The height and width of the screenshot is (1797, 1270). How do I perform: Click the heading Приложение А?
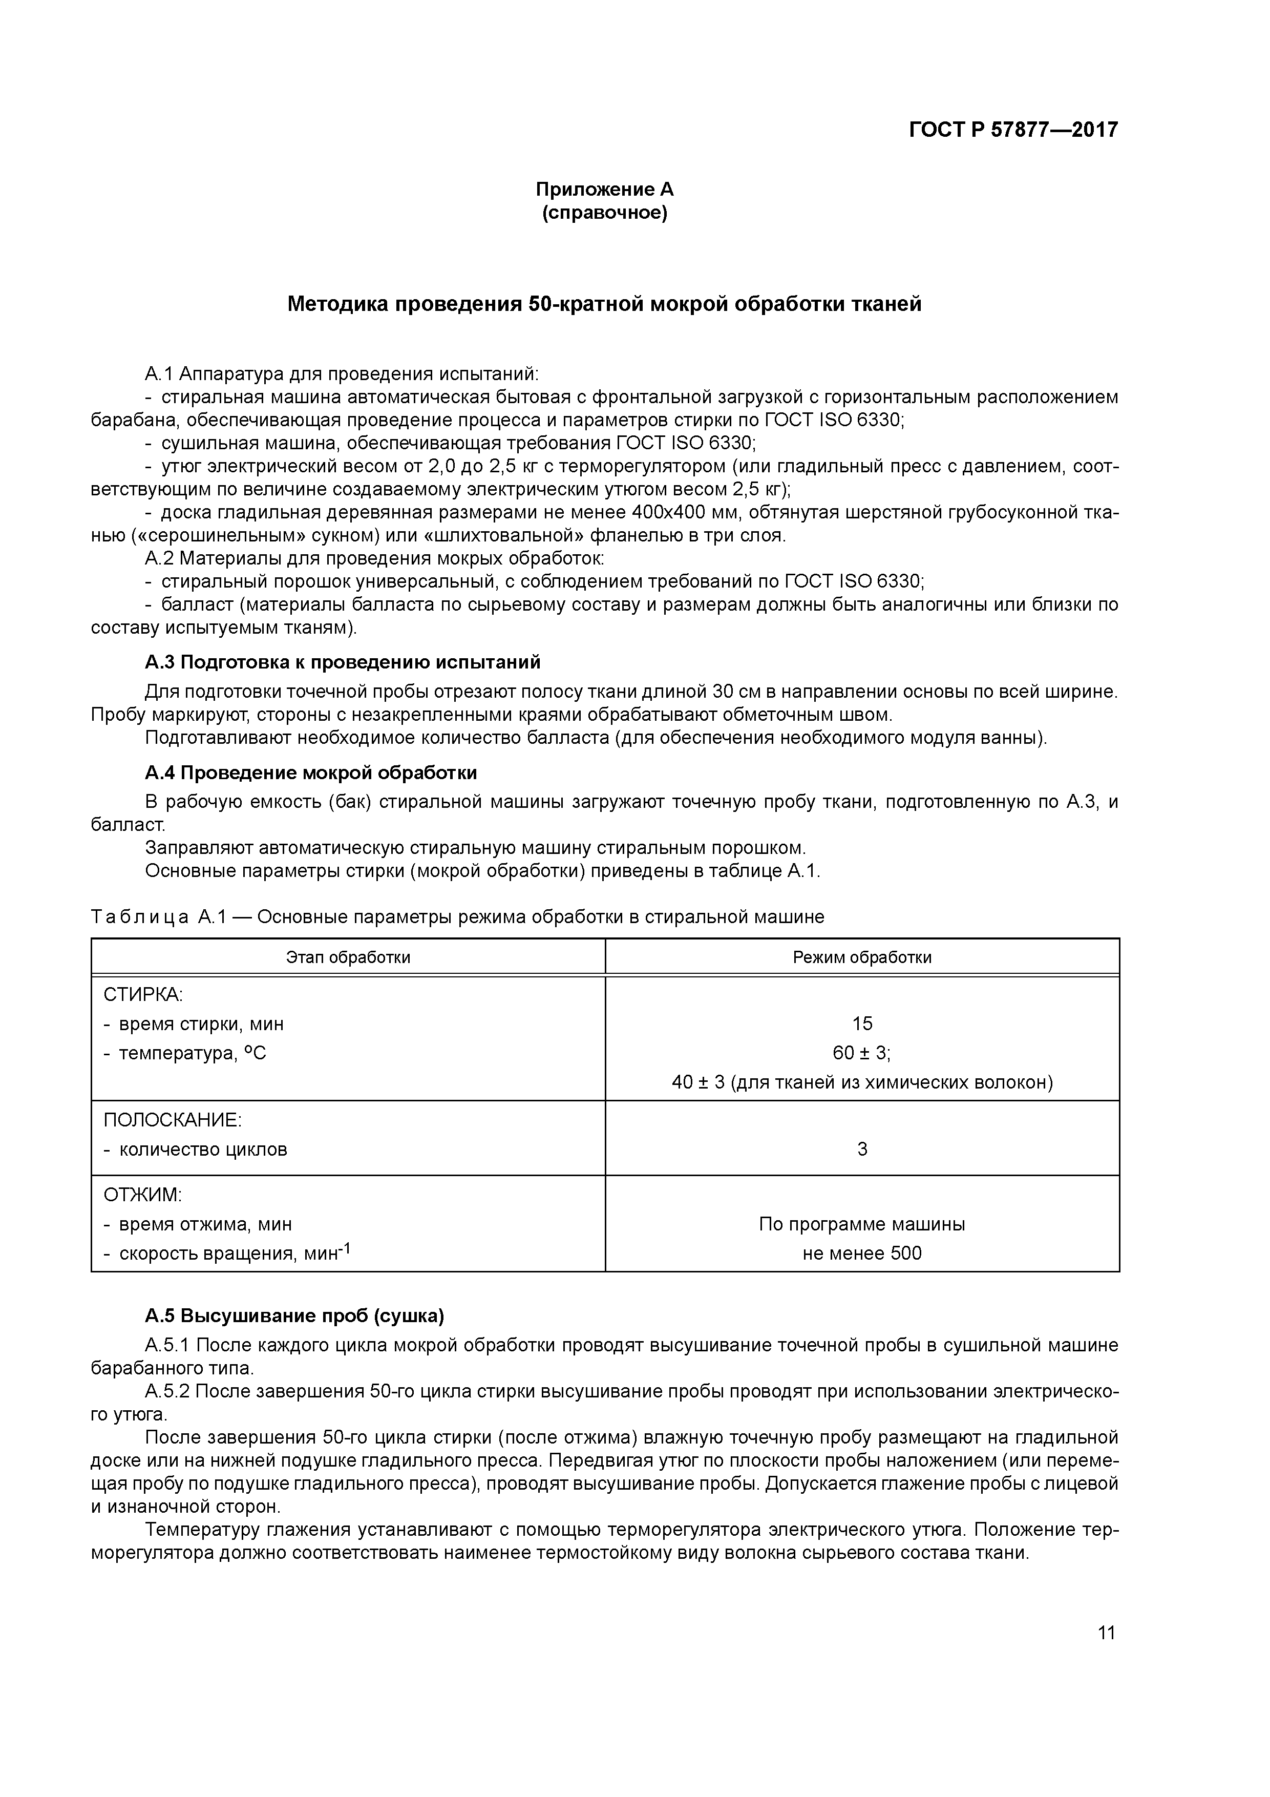click(604, 190)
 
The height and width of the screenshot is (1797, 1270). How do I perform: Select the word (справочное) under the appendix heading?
click(604, 214)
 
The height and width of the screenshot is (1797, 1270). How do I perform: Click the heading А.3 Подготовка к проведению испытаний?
click(343, 662)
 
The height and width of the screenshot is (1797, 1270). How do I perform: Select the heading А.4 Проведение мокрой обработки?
click(311, 774)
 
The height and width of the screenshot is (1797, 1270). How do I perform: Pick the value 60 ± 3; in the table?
click(861, 1054)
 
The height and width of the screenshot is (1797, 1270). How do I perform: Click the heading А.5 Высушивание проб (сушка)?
click(294, 1317)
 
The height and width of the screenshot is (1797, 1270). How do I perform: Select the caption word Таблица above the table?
click(139, 917)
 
